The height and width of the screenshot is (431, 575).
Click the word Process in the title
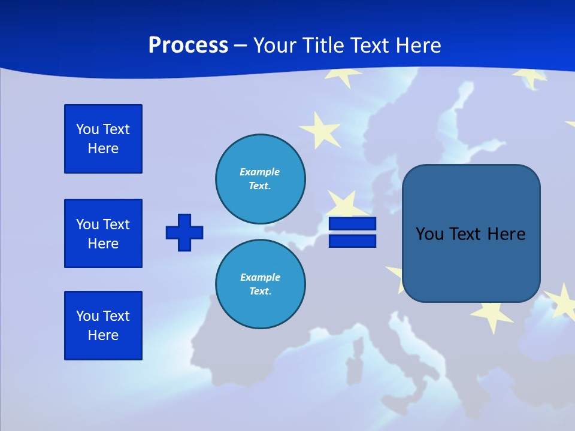click(188, 45)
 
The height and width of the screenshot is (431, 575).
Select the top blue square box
click(103, 139)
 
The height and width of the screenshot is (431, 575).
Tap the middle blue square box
click(103, 233)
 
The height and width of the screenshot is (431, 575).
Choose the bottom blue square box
click(103, 326)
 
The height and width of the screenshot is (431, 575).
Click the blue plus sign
click(184, 232)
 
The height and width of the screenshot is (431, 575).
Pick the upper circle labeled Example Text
click(260, 179)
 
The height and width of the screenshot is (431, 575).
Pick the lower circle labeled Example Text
click(260, 284)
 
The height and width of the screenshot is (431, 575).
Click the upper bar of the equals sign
click(352, 224)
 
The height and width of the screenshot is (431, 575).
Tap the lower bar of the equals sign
click(352, 241)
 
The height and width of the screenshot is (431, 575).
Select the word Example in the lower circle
click(260, 277)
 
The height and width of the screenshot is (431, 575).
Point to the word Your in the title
click(275, 45)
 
